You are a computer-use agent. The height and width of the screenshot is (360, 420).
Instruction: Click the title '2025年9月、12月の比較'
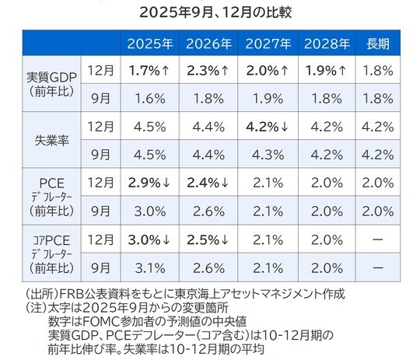pyautogui.click(x=210, y=13)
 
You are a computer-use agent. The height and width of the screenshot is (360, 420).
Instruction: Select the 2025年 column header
pyautogui.click(x=151, y=44)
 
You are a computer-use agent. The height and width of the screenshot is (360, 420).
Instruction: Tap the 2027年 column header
pyautogui.click(x=268, y=44)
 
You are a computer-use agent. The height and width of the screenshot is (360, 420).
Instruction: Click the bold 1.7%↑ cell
pyautogui.click(x=151, y=71)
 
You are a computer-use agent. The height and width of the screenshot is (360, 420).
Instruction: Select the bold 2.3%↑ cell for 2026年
pyautogui.click(x=209, y=71)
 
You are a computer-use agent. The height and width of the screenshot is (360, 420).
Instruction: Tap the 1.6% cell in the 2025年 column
pyautogui.click(x=151, y=100)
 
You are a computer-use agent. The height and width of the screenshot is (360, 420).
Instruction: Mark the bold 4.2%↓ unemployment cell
pyautogui.click(x=268, y=126)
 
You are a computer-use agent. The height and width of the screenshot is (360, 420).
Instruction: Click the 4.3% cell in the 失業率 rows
pyautogui.click(x=268, y=154)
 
